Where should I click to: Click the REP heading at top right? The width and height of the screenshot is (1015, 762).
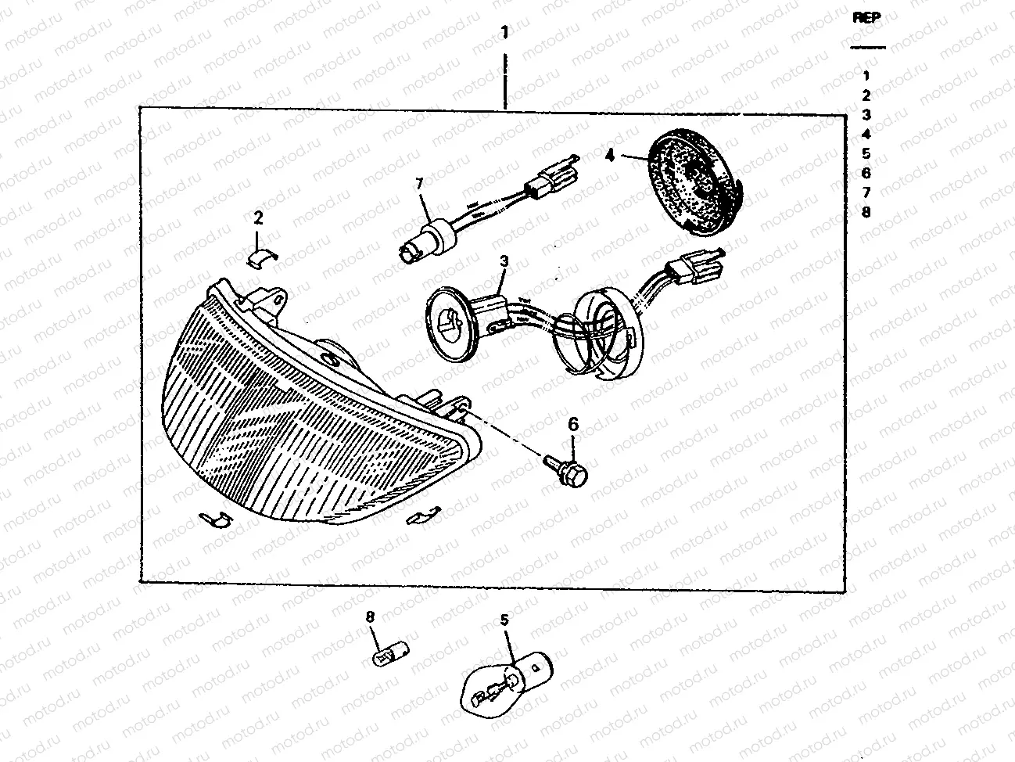(x=866, y=17)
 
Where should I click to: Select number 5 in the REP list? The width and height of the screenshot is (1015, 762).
(x=866, y=153)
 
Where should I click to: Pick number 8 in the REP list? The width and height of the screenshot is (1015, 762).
(x=866, y=212)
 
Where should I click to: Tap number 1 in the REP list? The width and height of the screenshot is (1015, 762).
(x=866, y=76)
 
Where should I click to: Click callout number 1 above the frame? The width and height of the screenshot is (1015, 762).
(x=505, y=32)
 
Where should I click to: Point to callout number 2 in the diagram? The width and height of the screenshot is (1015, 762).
(x=258, y=218)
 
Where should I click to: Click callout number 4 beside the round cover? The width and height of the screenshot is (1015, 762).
(x=611, y=156)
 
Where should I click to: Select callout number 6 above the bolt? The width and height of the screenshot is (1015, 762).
(x=573, y=424)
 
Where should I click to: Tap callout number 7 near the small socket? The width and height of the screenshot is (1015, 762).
(x=419, y=184)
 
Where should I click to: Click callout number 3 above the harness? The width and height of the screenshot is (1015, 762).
(x=504, y=261)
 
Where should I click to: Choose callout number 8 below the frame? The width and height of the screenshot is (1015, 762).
(x=370, y=616)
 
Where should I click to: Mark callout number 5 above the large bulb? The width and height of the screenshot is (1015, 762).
(x=504, y=620)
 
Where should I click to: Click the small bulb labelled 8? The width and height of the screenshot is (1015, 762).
(x=391, y=654)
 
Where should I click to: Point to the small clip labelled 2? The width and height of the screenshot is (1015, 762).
(x=261, y=257)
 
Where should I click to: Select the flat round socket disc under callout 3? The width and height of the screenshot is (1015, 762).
(x=452, y=323)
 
